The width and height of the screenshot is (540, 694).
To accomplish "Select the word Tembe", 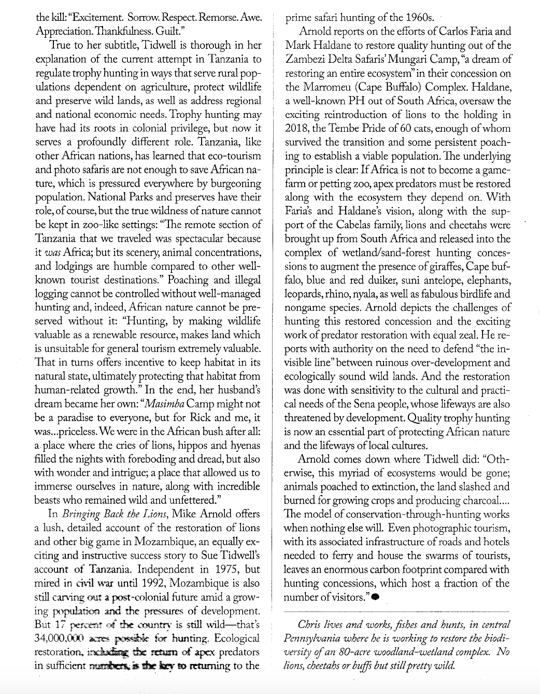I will (356, 128).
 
